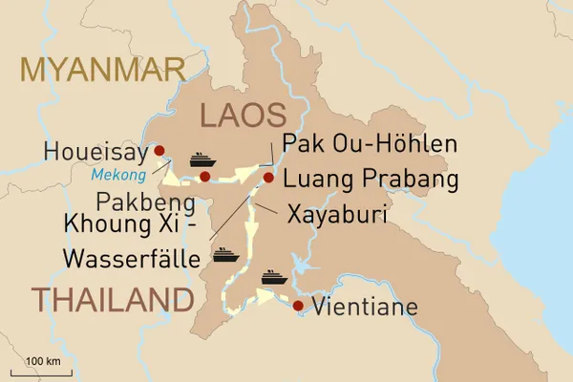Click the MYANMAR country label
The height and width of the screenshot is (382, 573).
[x=93, y=71]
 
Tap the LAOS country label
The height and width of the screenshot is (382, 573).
[x=242, y=116]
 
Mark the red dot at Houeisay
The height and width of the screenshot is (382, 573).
[x=159, y=149]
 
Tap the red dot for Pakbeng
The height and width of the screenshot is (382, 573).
[x=205, y=177]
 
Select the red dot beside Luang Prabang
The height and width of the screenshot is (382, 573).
[x=268, y=178]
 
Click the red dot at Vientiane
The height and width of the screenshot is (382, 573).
[x=299, y=306]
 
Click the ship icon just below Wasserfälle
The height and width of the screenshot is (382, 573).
[x=225, y=255]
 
